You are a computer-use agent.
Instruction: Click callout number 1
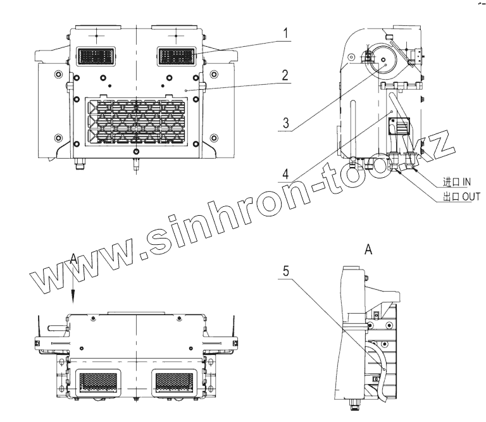click(285, 32)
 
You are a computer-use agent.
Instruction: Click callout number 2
click(285, 75)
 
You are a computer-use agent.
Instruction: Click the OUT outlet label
click(461, 197)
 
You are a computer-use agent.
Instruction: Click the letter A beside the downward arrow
click(74, 258)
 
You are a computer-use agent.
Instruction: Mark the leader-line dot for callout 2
click(187, 91)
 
